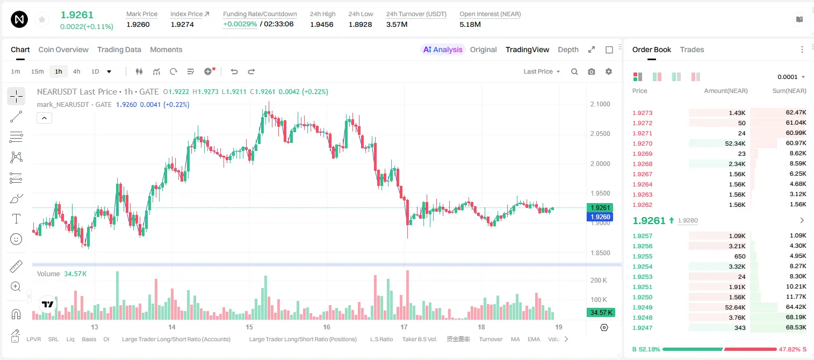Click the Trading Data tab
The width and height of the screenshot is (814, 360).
coord(119,49)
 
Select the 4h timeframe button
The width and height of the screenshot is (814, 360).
coord(76,71)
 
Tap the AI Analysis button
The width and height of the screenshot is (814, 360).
coord(443,49)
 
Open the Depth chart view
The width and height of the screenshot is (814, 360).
coord(568,49)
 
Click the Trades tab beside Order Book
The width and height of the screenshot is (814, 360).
coord(692,49)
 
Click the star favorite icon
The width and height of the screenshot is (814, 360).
coord(42,19)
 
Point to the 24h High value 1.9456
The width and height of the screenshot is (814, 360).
coord(322,24)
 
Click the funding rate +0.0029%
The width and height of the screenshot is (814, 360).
coord(240,24)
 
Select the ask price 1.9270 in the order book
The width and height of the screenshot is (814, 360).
coord(643,143)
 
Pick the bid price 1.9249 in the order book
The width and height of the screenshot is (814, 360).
coord(643,307)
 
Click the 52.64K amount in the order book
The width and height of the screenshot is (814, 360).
coord(735,307)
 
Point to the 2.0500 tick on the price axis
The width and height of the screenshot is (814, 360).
coord(600,134)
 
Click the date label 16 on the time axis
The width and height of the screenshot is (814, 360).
coord(326,327)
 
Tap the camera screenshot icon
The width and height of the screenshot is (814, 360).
coord(592,71)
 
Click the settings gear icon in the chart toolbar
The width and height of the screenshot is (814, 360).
coord(609,71)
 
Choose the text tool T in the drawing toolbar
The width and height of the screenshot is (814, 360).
coord(16,219)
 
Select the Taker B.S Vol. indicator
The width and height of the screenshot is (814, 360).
coord(419,339)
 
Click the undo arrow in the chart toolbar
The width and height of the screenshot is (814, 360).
coord(234,71)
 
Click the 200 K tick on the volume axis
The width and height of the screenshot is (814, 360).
coord(599,280)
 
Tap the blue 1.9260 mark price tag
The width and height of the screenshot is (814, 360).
coord(600,217)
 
